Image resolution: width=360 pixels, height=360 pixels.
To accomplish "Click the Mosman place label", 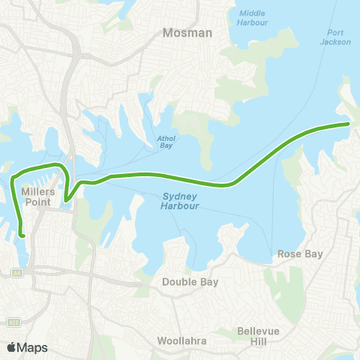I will (187, 33).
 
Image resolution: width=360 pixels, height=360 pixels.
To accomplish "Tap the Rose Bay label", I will (300, 254).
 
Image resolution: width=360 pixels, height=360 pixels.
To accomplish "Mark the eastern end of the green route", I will (349, 123).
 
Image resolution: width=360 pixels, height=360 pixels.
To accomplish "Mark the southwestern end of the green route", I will (24, 236).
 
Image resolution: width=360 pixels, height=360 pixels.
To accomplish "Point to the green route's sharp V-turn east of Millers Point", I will (66, 200).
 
